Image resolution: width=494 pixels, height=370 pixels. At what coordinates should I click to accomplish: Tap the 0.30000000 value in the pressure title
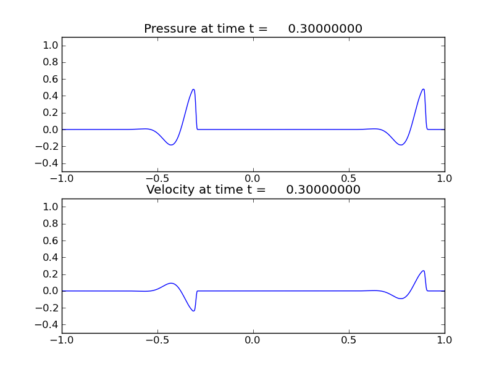[325, 29]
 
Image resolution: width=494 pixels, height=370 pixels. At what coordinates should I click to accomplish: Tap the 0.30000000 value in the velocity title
[323, 190]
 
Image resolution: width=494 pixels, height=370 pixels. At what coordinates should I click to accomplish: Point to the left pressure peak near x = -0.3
[194, 89]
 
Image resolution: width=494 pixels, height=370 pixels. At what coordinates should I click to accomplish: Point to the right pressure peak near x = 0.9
[424, 89]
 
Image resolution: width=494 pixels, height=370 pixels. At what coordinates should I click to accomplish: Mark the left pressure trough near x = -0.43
[171, 145]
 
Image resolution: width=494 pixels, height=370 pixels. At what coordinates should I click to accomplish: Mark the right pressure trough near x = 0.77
[401, 145]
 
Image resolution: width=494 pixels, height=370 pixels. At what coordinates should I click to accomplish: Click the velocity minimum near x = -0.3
[194, 310]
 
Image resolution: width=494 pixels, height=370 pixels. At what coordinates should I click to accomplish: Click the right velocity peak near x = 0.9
[424, 271]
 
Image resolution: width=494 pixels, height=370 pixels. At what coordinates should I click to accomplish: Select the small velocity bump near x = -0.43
[171, 284]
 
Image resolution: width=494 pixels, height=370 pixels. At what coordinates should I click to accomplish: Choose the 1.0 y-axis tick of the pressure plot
[51, 46]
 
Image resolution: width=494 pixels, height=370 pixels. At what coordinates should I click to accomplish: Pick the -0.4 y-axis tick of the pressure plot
[49, 163]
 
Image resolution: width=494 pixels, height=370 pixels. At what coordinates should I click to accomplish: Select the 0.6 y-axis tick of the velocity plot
[51, 240]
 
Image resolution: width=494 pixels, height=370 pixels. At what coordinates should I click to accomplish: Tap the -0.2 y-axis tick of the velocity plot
[49, 308]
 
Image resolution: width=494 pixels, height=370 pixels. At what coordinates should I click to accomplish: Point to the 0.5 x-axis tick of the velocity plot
[349, 340]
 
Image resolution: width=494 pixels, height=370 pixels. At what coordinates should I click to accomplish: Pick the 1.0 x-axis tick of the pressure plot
[445, 178]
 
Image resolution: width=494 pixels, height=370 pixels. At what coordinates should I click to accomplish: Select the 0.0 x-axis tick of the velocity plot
[253, 340]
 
